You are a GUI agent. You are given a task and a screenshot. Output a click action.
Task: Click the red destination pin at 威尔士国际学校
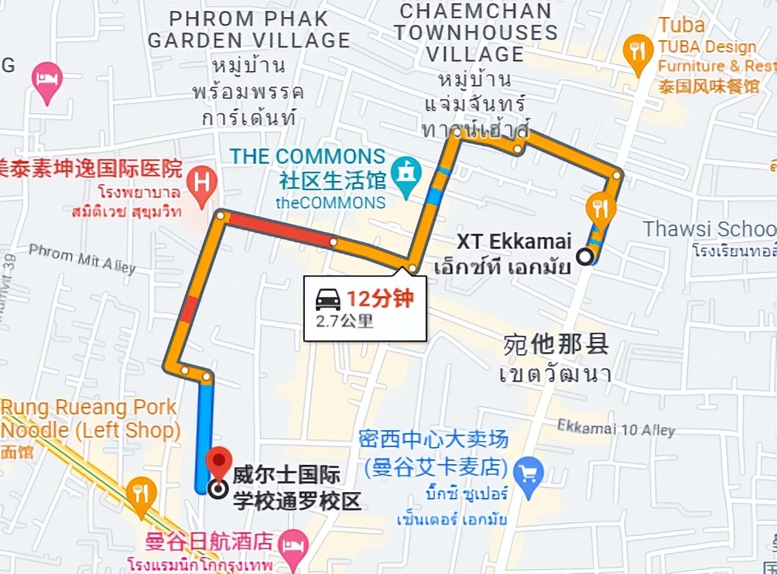pos(221,463)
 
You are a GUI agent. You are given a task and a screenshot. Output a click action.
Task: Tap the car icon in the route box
pos(328,299)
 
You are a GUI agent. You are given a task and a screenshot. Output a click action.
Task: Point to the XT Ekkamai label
pos(514,242)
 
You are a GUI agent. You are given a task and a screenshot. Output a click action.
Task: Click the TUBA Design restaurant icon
pos(638,52)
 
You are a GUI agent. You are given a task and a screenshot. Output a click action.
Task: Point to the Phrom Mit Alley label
pos(82,258)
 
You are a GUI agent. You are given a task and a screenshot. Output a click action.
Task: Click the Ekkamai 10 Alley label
pos(616,428)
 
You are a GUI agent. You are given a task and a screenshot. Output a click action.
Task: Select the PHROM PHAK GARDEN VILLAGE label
pos(249,29)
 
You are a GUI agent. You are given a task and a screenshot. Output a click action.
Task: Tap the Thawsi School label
pos(709,229)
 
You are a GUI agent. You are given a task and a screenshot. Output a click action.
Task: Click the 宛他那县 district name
pos(556,344)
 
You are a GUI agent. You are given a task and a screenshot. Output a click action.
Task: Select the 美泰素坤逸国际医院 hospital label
pos(91,168)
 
